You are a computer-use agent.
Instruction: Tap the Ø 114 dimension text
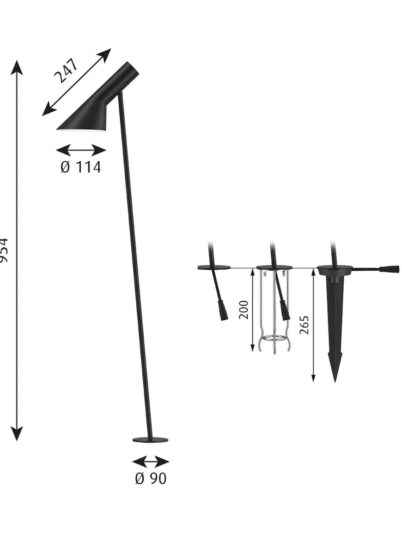(80, 167)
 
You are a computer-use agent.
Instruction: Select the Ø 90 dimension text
(151, 479)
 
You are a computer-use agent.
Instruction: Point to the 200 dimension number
(244, 309)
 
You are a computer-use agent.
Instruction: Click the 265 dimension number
(304, 325)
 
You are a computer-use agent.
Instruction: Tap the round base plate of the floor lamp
(150, 439)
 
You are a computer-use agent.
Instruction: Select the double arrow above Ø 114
(81, 150)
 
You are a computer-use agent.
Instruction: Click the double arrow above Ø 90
(151, 462)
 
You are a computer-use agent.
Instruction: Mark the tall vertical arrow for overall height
(17, 250)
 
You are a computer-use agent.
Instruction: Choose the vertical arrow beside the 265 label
(314, 325)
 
